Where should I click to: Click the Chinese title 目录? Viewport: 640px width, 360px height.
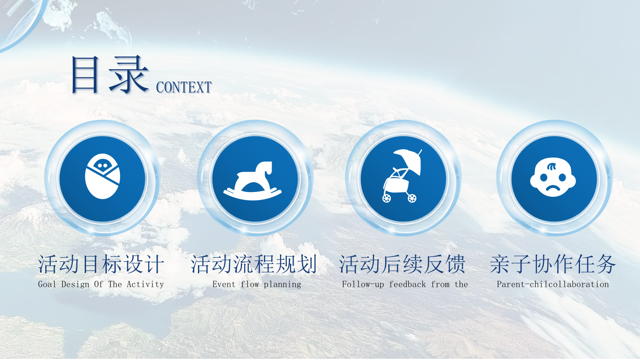pos(110,74)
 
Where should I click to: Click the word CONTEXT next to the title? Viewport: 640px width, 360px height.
pos(184,87)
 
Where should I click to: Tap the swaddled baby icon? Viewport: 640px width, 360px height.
pos(102,176)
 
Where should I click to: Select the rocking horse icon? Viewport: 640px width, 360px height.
pos(252,181)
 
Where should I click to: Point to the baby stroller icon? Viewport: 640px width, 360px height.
pos(402,176)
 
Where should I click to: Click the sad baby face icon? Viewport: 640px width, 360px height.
pos(553,177)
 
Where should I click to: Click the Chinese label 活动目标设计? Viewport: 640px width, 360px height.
pos(101,264)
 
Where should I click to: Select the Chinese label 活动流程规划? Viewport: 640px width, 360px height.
pos(254,264)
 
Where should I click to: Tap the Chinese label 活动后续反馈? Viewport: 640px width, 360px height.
pos(402,264)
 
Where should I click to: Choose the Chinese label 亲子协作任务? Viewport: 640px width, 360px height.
pos(553,264)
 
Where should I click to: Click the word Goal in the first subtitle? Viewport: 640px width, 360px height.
pos(47,284)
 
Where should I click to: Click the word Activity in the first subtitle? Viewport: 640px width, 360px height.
pos(145,284)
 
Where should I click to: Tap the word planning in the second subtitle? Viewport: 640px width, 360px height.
pos(282,284)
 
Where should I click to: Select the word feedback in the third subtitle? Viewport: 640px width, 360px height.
pos(408,284)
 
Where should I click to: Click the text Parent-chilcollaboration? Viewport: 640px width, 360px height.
pos(553,284)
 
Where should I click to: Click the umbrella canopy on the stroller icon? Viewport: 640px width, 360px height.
pos(408,160)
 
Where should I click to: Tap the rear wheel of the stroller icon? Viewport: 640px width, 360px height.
pos(386,198)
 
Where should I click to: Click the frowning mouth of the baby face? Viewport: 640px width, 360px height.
pos(553,188)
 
